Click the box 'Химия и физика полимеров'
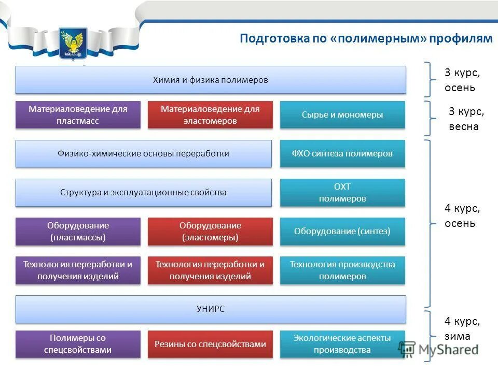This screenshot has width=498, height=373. [211, 80]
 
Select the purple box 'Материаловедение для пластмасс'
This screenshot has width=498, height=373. [78, 114]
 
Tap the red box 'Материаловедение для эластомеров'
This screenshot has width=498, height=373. [210, 114]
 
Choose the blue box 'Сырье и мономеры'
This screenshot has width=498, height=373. [342, 114]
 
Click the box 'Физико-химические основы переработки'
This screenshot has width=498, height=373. [143, 153]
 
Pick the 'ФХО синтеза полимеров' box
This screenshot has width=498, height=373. [342, 153]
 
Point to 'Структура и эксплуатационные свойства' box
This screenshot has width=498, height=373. [143, 193]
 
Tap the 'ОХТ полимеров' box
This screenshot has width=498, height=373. [342, 193]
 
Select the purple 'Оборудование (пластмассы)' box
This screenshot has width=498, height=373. [78, 232]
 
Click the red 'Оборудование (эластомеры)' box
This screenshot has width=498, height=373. [210, 232]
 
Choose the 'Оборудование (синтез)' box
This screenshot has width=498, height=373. [342, 232]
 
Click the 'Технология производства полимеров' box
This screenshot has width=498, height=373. [342, 270]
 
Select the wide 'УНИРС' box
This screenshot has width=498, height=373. [211, 309]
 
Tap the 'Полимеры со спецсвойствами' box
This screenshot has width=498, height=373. [78, 344]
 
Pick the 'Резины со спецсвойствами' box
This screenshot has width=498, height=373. [210, 344]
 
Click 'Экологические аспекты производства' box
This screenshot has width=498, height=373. [342, 344]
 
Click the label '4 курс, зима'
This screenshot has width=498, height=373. [462, 328]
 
